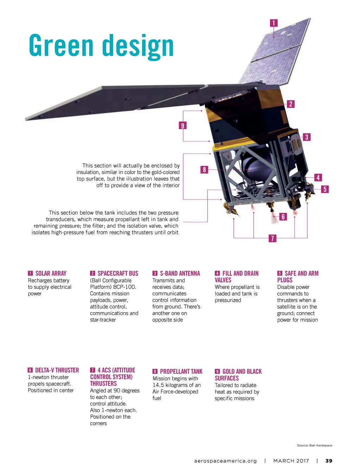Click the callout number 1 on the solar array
coord(274,23)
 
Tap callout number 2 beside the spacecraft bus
coord(290,104)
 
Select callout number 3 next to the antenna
coord(307,137)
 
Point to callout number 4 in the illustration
coord(318,177)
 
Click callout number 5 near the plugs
coord(325,189)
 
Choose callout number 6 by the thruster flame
coord(283,217)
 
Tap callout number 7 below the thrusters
coord(272,238)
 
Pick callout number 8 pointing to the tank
coord(204,170)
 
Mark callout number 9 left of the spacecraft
coord(182,125)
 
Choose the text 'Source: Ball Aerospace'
coord(314,445)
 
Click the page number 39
coord(329,461)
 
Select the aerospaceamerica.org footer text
coord(225,461)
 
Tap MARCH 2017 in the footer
coord(291,461)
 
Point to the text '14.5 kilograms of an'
coord(176,385)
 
